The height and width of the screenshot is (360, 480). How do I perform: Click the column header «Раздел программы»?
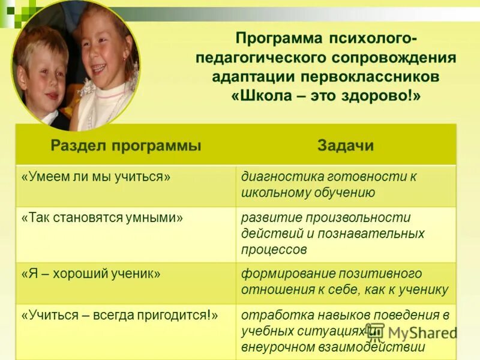point(125,146)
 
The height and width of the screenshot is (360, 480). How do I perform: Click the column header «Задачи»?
point(345,146)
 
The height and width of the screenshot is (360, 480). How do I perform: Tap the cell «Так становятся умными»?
point(102,218)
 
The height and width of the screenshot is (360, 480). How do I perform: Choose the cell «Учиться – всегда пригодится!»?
point(119,314)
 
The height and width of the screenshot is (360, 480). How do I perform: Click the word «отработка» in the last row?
point(272,314)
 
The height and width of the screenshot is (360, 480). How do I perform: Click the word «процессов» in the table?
point(274,249)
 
